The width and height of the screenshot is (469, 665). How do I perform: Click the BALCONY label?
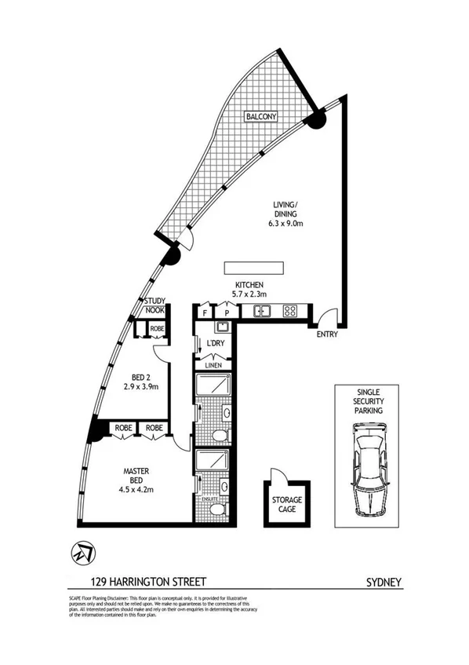click(260, 116)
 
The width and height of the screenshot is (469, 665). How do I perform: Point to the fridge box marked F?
click(205, 312)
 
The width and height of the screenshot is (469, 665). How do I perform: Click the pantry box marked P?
click(225, 312)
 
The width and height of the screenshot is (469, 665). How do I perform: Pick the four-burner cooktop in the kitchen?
click(290, 312)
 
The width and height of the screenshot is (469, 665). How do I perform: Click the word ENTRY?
click(328, 336)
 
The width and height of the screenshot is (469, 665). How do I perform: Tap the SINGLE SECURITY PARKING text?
click(368, 401)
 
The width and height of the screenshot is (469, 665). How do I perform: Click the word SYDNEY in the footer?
click(384, 582)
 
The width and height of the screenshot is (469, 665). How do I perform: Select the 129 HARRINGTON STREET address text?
click(147, 582)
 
